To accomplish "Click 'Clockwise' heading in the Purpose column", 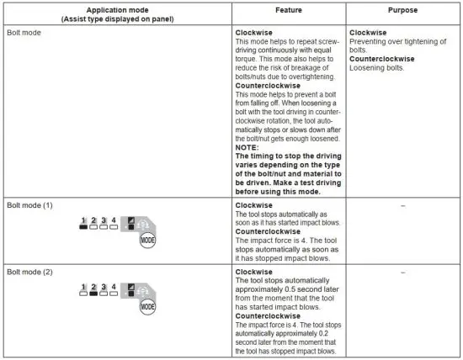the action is click(x=368, y=32).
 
